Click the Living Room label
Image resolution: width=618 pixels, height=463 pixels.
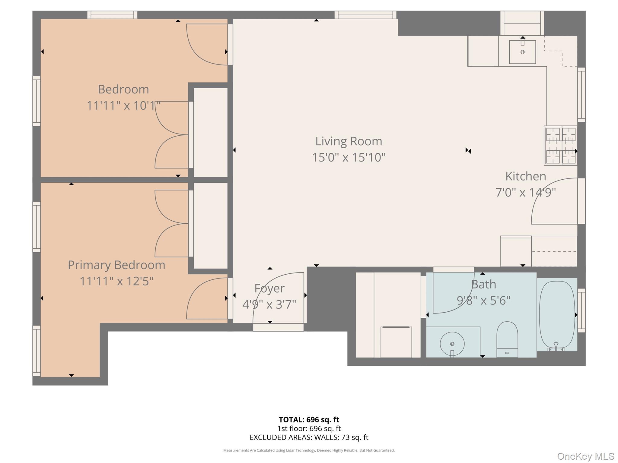pos(349,141)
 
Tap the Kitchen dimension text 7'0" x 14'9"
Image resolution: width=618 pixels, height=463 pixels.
pos(525,192)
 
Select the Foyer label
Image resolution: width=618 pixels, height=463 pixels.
pos(269,288)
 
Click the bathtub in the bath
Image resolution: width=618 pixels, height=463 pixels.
pos(557,315)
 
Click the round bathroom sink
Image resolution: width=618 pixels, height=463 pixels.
pos(452,344)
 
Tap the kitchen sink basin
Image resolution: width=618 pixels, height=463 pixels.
pos(522,52)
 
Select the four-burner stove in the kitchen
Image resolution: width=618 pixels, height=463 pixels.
pos(561,146)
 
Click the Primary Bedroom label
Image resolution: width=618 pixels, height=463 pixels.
pos(116,265)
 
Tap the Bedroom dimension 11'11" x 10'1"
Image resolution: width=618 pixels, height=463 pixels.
pos(123,106)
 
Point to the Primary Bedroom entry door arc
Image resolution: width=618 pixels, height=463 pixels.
pos(207,298)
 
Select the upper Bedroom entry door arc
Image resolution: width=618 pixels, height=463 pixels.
pos(207,45)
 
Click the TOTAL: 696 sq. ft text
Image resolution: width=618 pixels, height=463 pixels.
pos(309,420)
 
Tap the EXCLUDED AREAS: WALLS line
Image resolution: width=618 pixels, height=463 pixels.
pos(309,437)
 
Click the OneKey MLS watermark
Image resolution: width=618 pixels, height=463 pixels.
pos(585,456)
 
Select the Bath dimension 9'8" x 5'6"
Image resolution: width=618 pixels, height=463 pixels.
pos(483,301)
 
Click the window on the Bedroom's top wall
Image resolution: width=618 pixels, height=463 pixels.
pos(112,15)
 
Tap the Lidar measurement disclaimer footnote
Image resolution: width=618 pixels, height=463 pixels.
pos(309,450)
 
